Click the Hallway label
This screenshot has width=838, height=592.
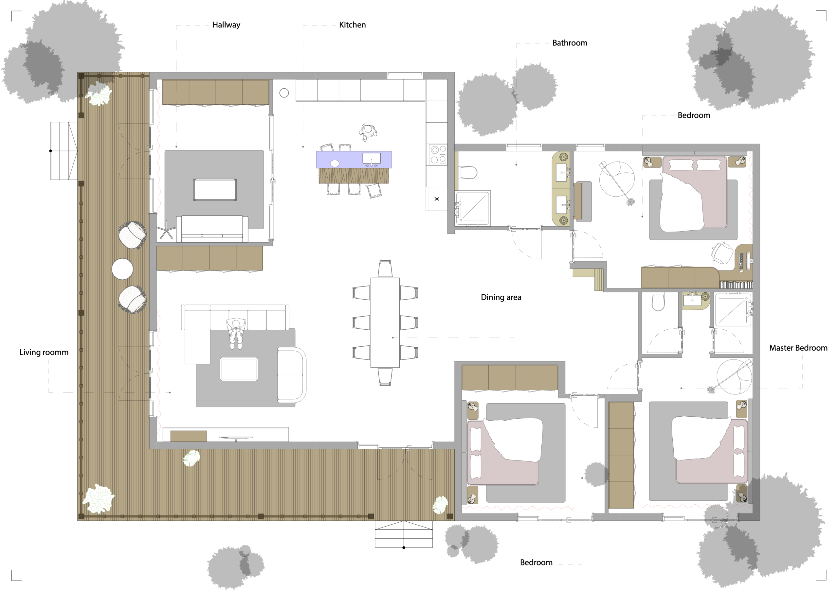pyautogui.click(x=226, y=25)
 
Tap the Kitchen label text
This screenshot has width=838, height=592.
pyautogui.click(x=352, y=25)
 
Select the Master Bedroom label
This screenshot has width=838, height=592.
pyautogui.click(x=798, y=348)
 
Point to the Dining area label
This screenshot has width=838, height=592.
pyautogui.click(x=501, y=297)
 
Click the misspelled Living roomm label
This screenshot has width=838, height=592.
pyautogui.click(x=44, y=352)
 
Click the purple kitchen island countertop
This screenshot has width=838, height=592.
pyautogui.click(x=354, y=160)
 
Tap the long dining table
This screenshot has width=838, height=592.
pyautogui.click(x=385, y=322)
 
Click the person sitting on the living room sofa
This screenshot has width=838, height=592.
pyautogui.click(x=236, y=333)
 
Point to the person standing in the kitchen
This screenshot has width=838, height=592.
pyautogui.click(x=368, y=132)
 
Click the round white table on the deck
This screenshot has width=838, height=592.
pyautogui.click(x=122, y=269)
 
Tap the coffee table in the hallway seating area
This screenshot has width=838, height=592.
pyautogui.click(x=215, y=190)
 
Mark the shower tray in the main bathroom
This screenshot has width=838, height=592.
pyautogui.click(x=473, y=208)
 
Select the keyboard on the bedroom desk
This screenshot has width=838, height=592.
pyautogui.click(x=741, y=260)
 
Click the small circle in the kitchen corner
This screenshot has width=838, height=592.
pyautogui.click(x=284, y=93)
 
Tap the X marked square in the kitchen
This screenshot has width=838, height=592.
pyautogui.click(x=437, y=199)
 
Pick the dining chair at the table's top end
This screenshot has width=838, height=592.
pyautogui.click(x=385, y=269)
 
